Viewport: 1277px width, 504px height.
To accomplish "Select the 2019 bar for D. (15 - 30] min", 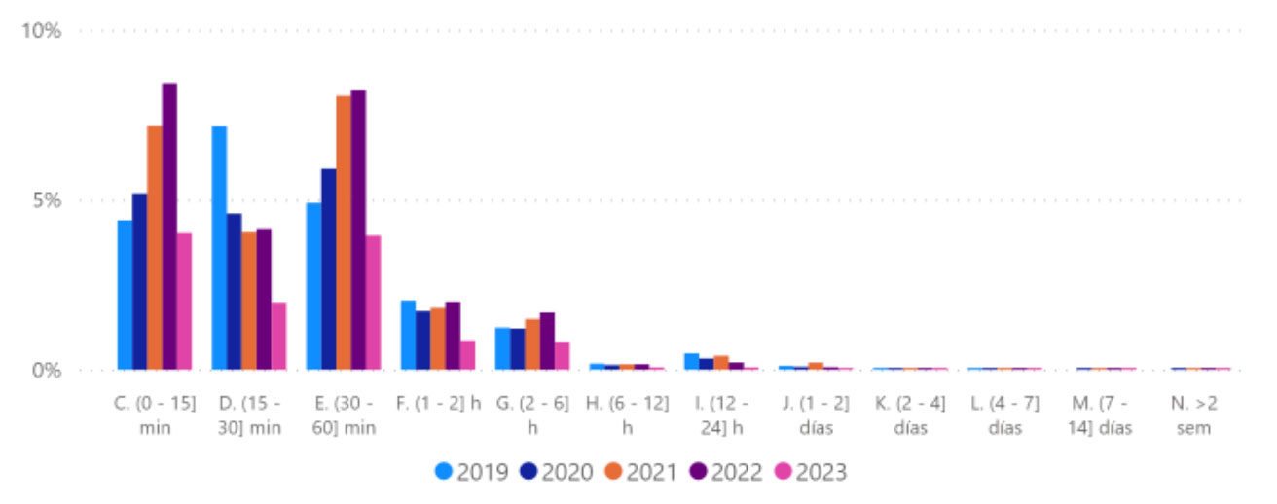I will click(x=219, y=248).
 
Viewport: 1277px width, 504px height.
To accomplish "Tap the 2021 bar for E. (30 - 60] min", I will click(x=344, y=233).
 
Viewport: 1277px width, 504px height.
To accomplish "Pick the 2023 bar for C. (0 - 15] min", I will click(x=184, y=301).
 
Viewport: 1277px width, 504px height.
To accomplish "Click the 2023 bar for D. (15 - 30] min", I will click(x=278, y=336).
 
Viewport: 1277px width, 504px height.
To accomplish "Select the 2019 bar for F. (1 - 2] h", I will click(x=408, y=335).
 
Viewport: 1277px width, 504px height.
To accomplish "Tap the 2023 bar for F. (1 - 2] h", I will click(x=467, y=354).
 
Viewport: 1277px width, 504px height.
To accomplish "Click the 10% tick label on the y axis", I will click(x=42, y=30).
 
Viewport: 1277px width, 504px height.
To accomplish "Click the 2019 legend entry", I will click(x=473, y=473).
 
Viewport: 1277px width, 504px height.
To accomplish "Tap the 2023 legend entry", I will click(x=811, y=473).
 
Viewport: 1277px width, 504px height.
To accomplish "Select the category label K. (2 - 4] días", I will click(x=910, y=415).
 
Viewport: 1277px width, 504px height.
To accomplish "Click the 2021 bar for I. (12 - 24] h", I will click(x=721, y=363).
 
